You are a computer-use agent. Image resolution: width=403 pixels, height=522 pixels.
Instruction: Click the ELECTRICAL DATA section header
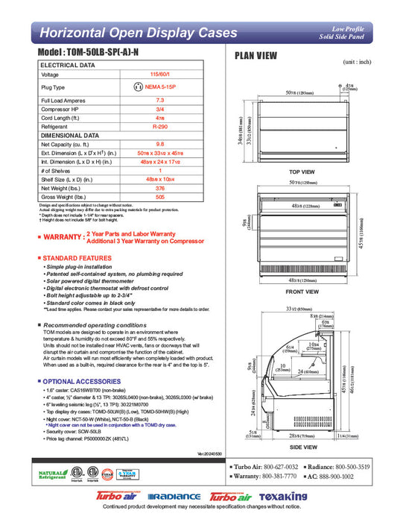coord(68,66)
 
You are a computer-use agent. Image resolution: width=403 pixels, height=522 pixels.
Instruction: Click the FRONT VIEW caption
coord(302,292)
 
